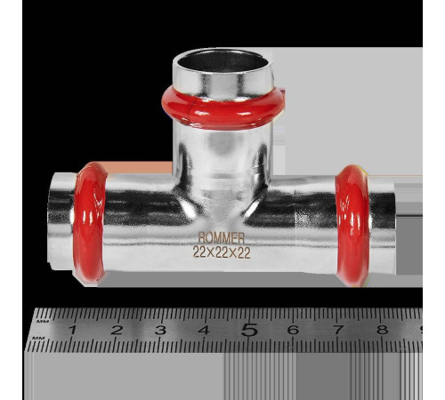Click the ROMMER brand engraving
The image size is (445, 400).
tap(222, 237)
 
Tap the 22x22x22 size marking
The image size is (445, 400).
tap(222, 252)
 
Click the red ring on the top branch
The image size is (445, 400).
tap(223, 108)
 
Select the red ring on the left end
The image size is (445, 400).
tap(89, 222)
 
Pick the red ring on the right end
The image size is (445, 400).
tap(353, 225)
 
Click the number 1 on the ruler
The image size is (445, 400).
tap(72, 330)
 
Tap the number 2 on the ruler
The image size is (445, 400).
tap(117, 330)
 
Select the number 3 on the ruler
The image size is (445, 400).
tap(160, 330)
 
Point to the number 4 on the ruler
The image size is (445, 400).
tap(205, 330)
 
